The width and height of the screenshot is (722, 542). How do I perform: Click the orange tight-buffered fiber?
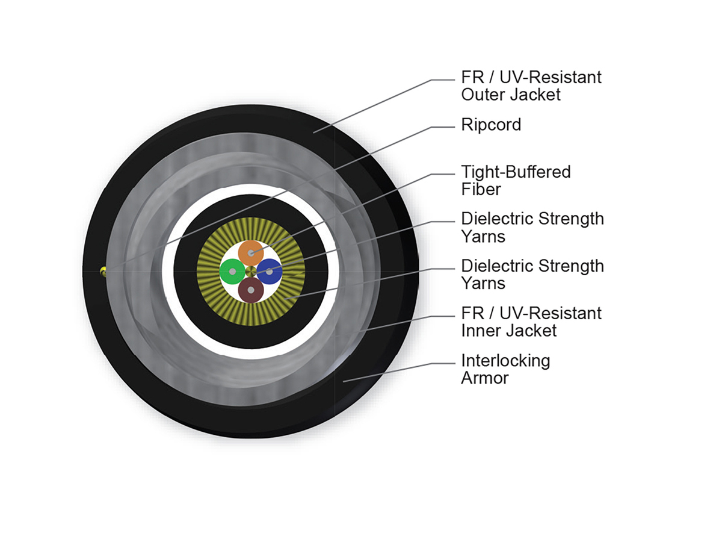click(x=251, y=252)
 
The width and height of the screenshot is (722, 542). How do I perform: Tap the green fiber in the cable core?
click(x=232, y=272)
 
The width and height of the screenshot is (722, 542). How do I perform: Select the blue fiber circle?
click(x=270, y=272)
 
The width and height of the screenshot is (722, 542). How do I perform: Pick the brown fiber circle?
click(x=251, y=290)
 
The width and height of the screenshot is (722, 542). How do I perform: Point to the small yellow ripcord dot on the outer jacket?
click(x=103, y=271)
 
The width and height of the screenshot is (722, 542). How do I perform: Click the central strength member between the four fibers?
click(x=251, y=272)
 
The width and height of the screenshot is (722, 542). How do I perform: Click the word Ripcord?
click(x=491, y=125)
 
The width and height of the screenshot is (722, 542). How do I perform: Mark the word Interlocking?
click(x=505, y=361)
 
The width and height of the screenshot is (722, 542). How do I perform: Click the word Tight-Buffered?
click(x=516, y=172)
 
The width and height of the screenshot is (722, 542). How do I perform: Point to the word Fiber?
click(x=481, y=189)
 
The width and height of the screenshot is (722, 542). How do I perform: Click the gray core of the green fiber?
click(x=232, y=272)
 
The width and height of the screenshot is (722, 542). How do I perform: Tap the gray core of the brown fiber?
click(x=251, y=290)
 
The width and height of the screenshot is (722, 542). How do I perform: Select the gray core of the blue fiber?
click(x=270, y=272)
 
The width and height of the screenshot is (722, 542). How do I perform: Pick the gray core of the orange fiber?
click(x=251, y=252)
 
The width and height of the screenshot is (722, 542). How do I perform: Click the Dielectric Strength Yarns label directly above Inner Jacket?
click(x=532, y=274)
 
